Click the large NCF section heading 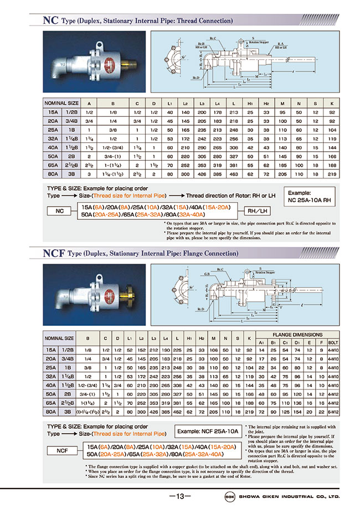tap(54, 254)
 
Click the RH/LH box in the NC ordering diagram tap(256, 210)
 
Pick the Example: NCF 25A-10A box tap(207, 431)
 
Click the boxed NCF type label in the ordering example tap(63, 451)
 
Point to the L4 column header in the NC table tap(218, 104)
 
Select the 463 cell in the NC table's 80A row tap(234, 174)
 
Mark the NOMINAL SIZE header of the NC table tap(61, 104)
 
